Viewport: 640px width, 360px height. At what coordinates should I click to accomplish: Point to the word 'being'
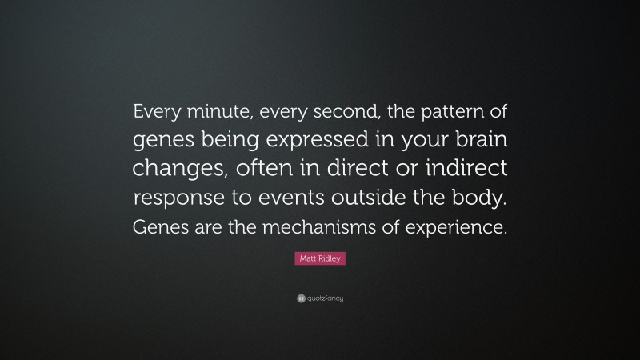229,143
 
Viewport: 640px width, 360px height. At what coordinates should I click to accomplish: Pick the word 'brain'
478,142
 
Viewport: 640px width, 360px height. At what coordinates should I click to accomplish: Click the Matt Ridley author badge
320,259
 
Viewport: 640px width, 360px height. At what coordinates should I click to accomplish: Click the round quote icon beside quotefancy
300,298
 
